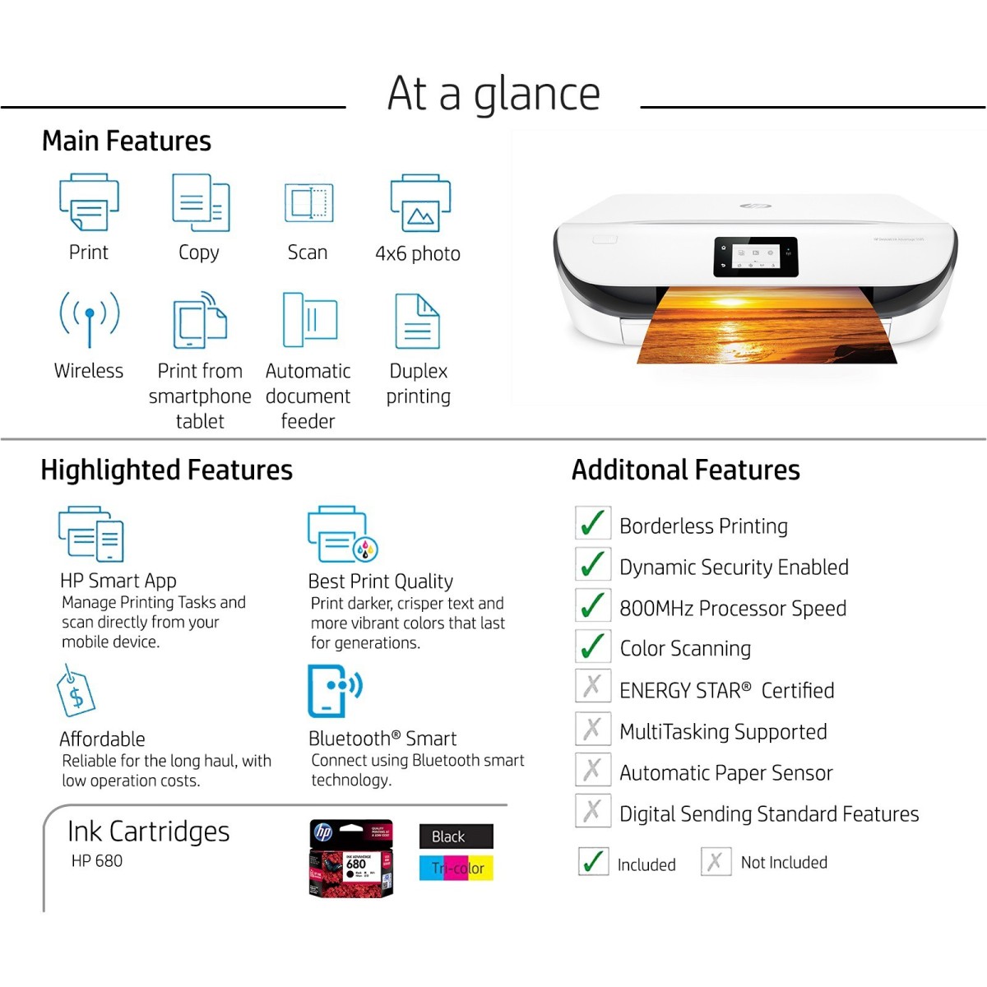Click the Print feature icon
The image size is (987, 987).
coord(89,202)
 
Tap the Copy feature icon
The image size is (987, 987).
coord(200,202)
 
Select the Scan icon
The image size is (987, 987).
coord(308,202)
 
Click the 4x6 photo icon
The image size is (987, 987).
coord(419,203)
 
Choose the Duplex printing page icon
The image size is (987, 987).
coord(418,322)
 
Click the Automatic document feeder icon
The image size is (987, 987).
coord(309,320)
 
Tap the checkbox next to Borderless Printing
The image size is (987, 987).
coord(592,523)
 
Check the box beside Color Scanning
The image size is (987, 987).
coord(592,646)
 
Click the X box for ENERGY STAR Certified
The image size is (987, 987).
coord(592,686)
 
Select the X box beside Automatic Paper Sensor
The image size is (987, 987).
coord(592,769)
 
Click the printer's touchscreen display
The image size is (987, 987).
coord(755,257)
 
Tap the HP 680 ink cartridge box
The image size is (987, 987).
coord(351,859)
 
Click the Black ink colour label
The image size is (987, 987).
coord(456,836)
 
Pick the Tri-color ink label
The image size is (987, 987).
coord(456,868)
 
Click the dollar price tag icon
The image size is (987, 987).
coord(76,693)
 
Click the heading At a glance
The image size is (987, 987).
coord(493,93)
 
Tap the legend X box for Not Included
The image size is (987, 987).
coord(716,861)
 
